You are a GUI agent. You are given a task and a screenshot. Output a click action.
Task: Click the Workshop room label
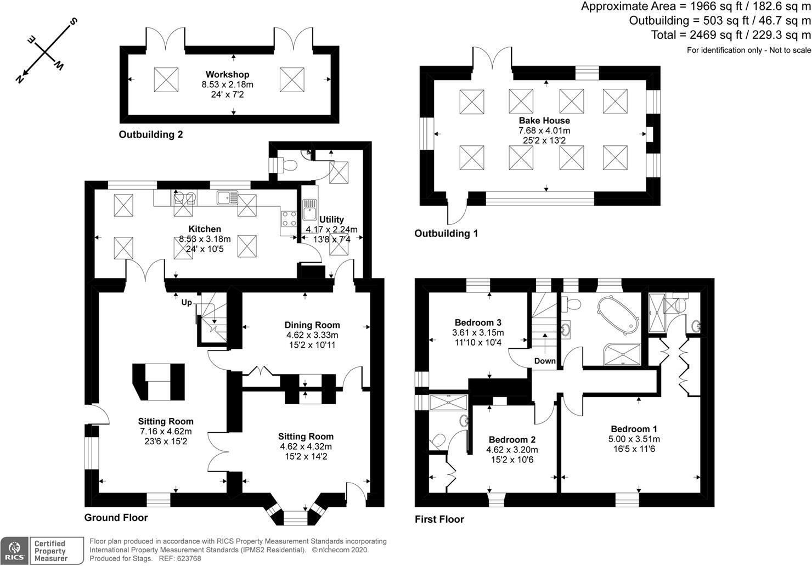[227, 74]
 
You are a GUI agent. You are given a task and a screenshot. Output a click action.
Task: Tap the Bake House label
[544, 120]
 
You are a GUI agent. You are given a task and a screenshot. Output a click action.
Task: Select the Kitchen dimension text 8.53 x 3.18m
[205, 239]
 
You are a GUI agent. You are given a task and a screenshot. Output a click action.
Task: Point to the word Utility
[331, 219]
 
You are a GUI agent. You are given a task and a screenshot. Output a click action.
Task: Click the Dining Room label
[312, 325]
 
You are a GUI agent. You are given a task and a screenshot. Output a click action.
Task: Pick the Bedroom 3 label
[478, 322]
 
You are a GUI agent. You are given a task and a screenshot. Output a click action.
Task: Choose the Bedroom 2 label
[512, 439]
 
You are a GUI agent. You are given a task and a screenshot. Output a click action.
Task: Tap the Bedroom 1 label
[634, 429]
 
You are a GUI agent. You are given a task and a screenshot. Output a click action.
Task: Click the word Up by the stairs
[187, 302]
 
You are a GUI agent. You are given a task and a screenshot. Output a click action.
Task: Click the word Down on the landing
[545, 361]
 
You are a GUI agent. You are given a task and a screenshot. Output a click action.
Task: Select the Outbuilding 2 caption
[151, 134]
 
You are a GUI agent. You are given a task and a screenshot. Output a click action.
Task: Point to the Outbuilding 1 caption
[446, 233]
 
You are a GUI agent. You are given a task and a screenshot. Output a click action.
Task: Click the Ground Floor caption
[116, 517]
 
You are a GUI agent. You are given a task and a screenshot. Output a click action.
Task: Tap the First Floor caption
[439, 519]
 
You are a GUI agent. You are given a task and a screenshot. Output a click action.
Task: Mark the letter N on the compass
[21, 78]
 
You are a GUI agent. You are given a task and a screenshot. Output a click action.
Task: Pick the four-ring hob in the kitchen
[289, 218]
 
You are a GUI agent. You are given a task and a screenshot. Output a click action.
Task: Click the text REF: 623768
[180, 558]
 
